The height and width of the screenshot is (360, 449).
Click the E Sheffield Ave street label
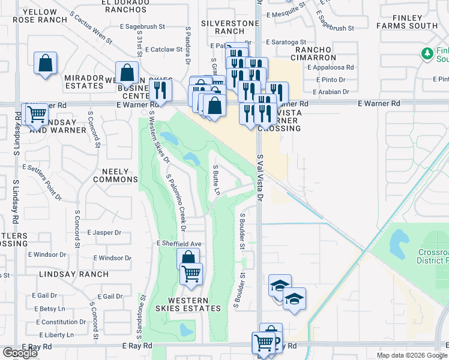point(178,244)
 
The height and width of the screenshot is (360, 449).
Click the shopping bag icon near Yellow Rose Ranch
point(46,62)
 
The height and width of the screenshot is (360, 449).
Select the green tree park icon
point(427,53)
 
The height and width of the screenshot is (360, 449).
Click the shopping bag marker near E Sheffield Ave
point(188,259)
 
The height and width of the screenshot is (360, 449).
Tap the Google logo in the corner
point(20,353)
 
